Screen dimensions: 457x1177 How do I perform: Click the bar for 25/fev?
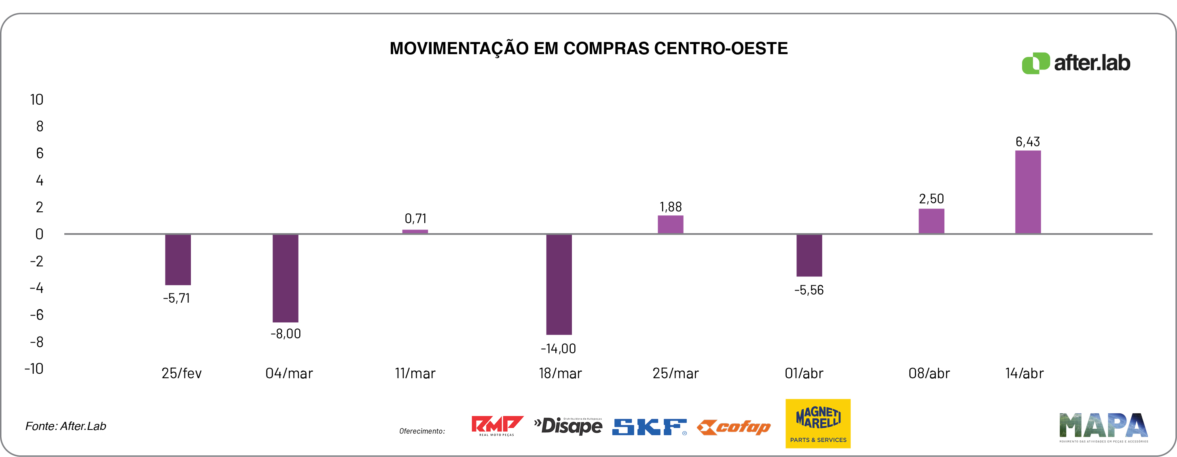[178, 259]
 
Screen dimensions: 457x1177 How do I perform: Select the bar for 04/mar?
[285, 278]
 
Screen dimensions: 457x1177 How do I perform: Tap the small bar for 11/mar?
[415, 232]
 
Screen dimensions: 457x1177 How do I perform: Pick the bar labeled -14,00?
[559, 284]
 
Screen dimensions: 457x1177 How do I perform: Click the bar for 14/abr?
[1028, 192]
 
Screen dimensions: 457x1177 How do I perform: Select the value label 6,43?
[1028, 141]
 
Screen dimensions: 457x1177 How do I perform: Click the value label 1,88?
[670, 207]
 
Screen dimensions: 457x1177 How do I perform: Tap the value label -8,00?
[286, 334]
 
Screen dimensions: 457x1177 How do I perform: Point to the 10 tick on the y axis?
[36, 99]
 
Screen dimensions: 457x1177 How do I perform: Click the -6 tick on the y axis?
[36, 314]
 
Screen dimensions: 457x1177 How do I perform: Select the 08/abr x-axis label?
[929, 373]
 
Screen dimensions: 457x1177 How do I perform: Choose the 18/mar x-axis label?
[560, 373]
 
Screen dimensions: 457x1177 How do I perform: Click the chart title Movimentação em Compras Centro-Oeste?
[588, 48]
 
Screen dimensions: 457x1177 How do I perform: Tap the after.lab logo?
[1075, 63]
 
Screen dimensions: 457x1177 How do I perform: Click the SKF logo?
[649, 427]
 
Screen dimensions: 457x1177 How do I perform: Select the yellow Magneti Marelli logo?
[818, 423]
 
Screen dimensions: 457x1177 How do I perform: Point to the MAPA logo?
[1103, 427]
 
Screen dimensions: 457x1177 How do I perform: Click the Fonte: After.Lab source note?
[66, 426]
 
